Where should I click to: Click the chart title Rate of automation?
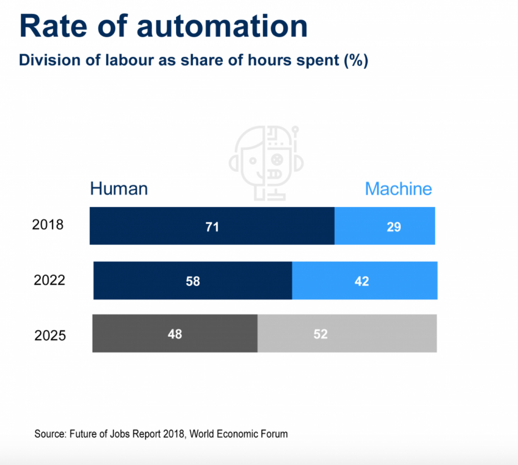point(163,26)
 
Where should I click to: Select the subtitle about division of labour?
point(193,60)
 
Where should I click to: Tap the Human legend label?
point(119,189)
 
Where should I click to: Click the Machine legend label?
point(398,189)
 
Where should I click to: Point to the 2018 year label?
point(48,225)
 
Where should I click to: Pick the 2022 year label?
point(49,280)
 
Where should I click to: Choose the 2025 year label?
point(50,335)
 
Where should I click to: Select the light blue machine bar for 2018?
point(364,226)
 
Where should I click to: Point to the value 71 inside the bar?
point(212,227)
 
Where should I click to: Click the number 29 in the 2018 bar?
point(393,227)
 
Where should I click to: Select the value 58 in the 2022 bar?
point(193,281)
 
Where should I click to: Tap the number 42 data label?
point(362,281)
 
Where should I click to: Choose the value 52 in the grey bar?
point(320,334)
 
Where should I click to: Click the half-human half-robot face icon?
point(266,163)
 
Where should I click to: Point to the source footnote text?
point(161,434)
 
